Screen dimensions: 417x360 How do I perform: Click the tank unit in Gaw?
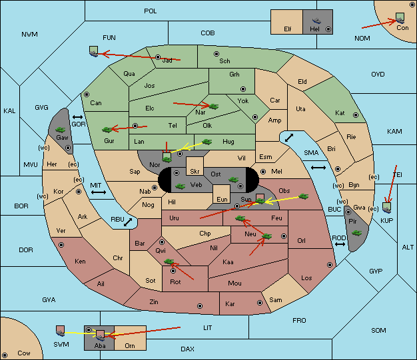point(61,130)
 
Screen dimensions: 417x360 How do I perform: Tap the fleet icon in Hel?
point(316,21)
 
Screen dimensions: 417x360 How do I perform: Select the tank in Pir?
point(356,233)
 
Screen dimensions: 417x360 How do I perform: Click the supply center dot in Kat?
point(356,115)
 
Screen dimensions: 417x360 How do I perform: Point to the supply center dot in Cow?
point(5,355)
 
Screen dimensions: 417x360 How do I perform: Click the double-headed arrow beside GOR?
point(78,117)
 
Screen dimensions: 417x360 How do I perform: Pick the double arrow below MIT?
point(99,192)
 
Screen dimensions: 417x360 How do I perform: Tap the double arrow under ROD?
point(340,244)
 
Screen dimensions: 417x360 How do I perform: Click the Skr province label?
point(195,172)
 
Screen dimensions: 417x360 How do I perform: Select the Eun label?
point(222,199)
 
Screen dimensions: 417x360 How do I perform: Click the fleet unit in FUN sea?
point(94,51)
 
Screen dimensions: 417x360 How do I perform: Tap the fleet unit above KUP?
point(387,208)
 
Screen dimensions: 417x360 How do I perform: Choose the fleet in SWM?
point(61,331)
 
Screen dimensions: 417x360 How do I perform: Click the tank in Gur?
point(107,130)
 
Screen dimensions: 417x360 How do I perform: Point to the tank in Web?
point(180,186)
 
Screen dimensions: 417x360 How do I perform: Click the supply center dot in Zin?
point(200,306)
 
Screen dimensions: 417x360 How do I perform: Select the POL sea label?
point(151,11)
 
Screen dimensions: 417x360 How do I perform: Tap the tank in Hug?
point(207,142)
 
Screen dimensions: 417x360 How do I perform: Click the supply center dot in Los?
point(330,265)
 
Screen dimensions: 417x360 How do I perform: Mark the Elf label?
point(288,29)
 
